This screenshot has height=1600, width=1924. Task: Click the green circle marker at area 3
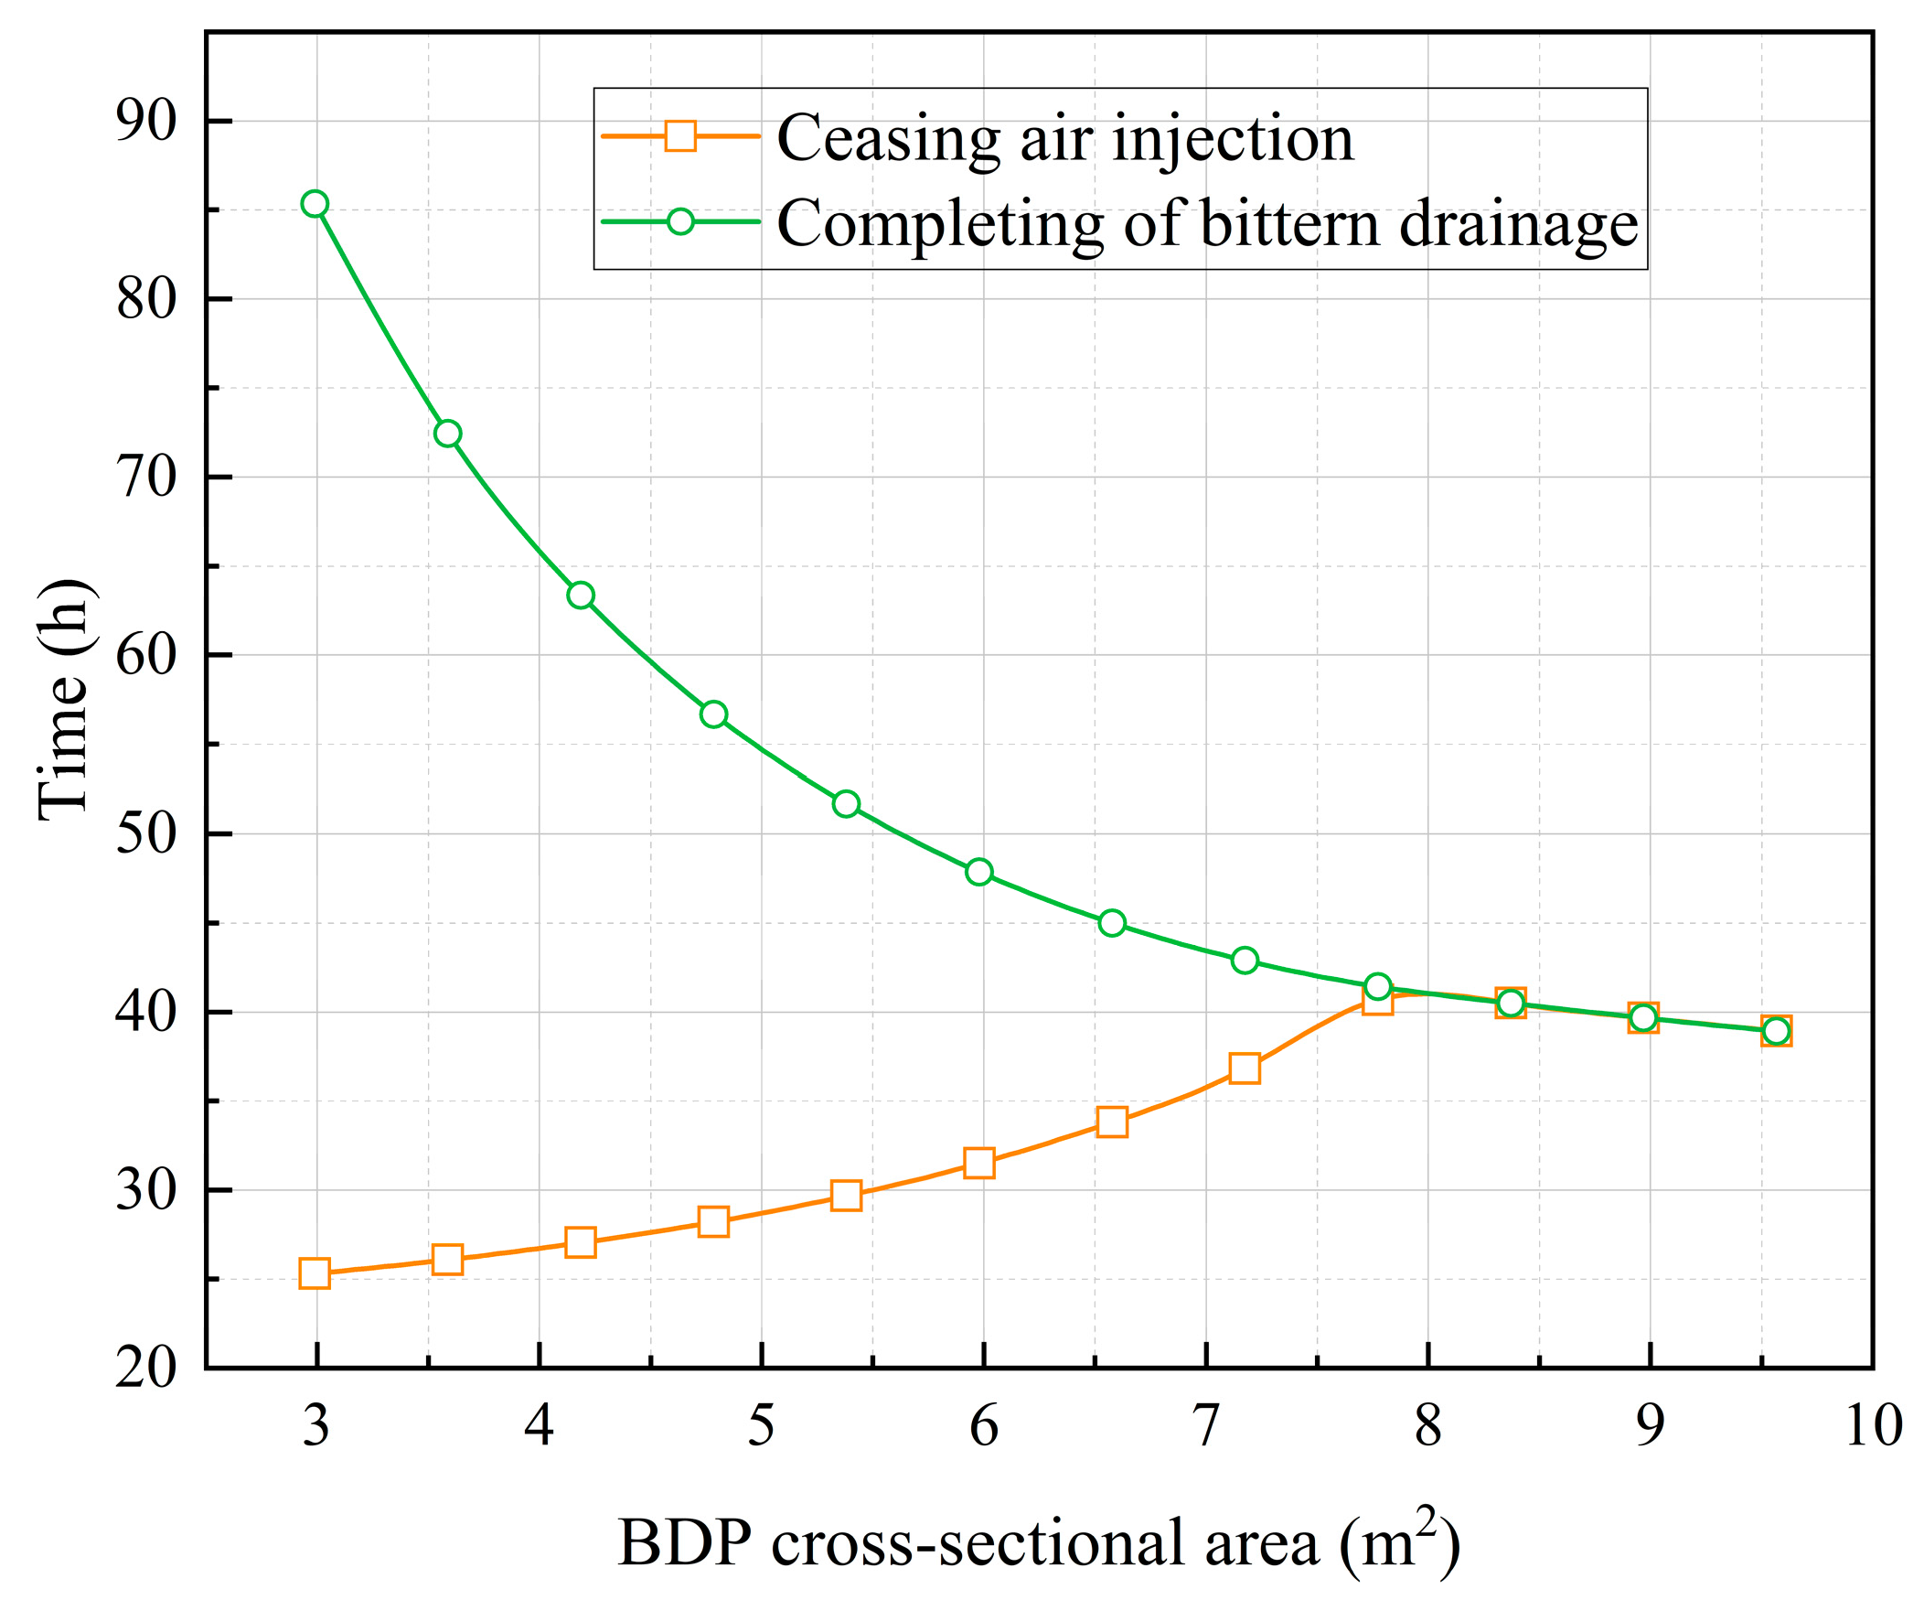click(315, 203)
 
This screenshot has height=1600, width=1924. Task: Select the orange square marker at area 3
click(315, 1273)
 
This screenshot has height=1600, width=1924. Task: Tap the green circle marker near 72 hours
click(447, 434)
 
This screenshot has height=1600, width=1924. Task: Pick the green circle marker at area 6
click(979, 872)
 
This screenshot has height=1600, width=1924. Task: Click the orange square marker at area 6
click(979, 1163)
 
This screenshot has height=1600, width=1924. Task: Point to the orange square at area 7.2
click(1245, 1068)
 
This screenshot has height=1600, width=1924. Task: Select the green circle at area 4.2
click(581, 596)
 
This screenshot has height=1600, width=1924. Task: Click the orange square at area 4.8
click(713, 1221)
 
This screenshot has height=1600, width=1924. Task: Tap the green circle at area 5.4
click(847, 804)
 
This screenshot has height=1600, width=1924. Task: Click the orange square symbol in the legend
click(679, 135)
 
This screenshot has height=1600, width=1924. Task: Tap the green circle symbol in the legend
click(679, 221)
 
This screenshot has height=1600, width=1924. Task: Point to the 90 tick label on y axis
click(145, 121)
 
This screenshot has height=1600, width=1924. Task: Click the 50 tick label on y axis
click(145, 834)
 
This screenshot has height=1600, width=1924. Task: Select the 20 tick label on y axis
click(145, 1369)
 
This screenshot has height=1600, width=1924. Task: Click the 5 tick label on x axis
click(762, 1427)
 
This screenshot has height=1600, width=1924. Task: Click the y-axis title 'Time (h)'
click(64, 700)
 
